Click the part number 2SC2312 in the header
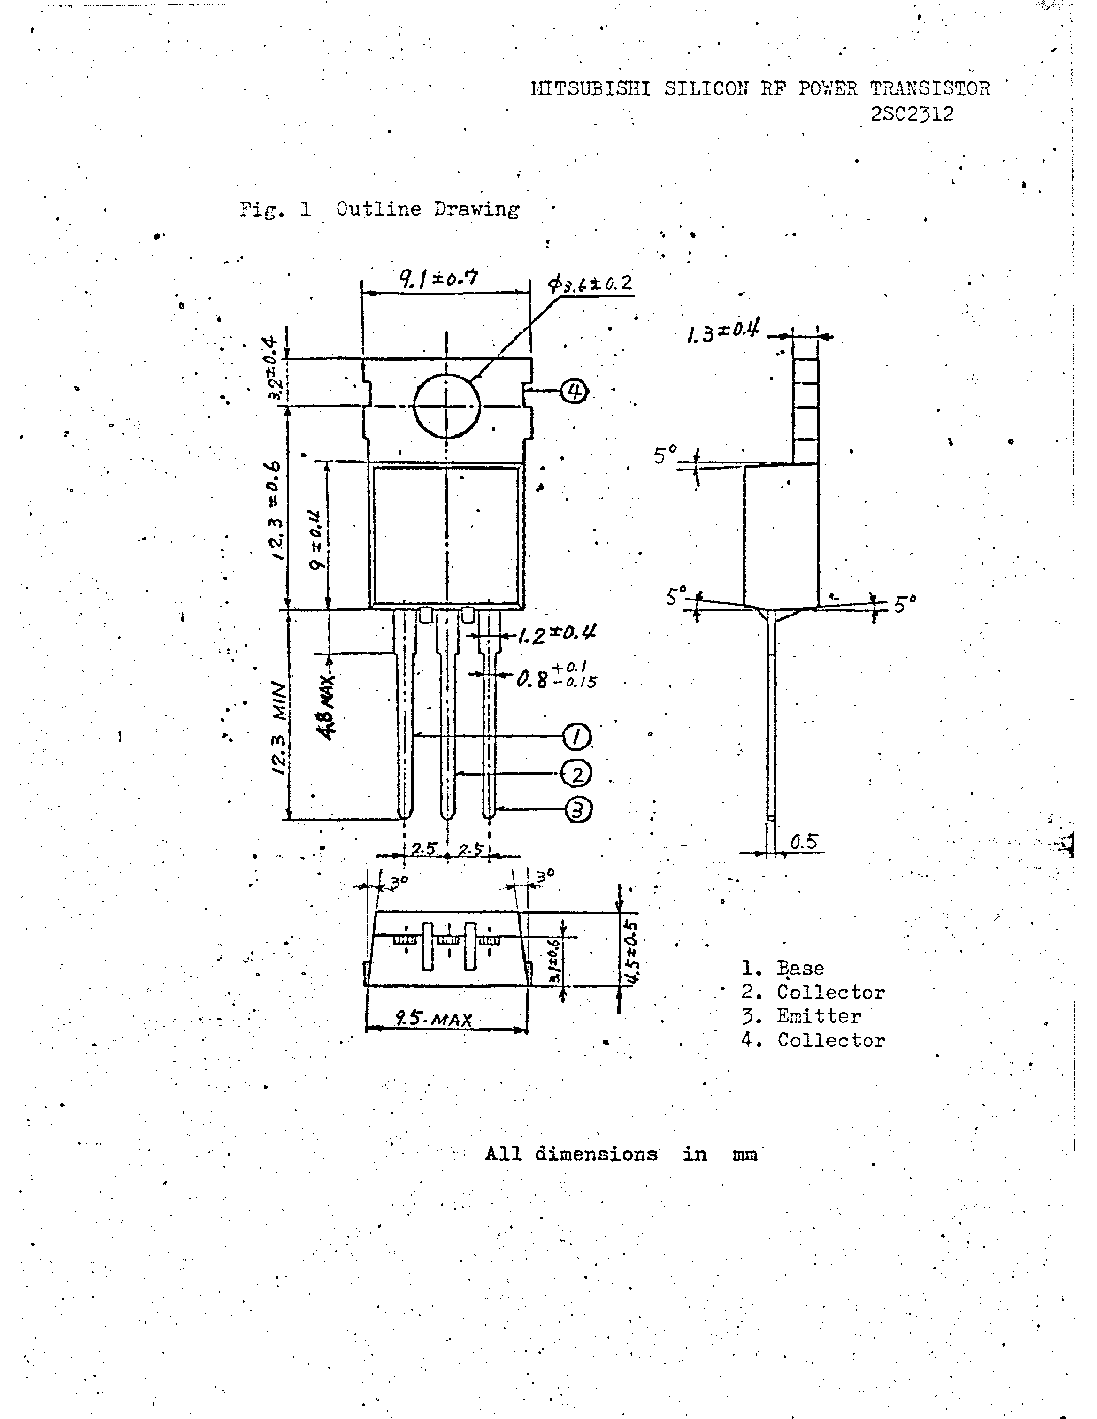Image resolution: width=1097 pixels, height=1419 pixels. click(912, 115)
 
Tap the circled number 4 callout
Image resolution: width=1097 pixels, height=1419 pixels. click(574, 391)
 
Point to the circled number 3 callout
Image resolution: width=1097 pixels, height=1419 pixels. click(578, 810)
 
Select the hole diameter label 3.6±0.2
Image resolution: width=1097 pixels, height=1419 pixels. click(590, 284)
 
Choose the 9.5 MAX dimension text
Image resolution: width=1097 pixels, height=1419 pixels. click(434, 1020)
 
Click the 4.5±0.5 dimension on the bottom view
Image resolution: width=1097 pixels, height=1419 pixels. click(629, 953)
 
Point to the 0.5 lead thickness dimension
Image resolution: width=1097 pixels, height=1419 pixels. click(803, 842)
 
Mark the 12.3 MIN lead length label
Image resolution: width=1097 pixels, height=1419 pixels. click(279, 728)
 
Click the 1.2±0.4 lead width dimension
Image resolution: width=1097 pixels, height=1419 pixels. click(558, 634)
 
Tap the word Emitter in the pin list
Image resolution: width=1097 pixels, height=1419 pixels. click(818, 1015)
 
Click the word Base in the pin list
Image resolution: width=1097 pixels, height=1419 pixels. click(800, 968)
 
